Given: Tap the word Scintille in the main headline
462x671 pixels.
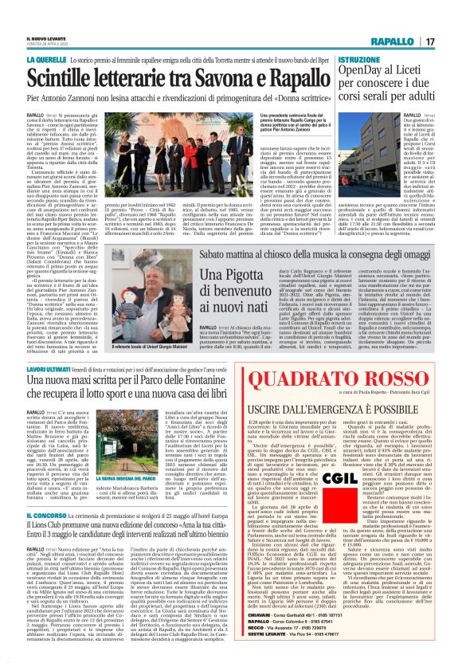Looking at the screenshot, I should pyautogui.click(x=65, y=75).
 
